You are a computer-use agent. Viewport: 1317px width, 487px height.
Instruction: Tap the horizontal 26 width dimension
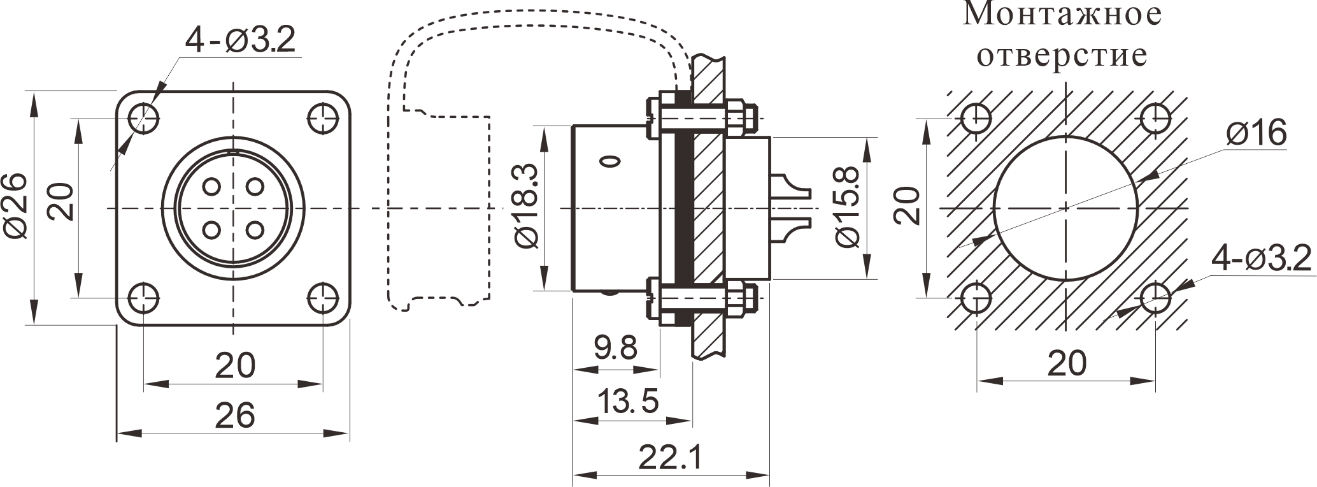[x=234, y=414]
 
